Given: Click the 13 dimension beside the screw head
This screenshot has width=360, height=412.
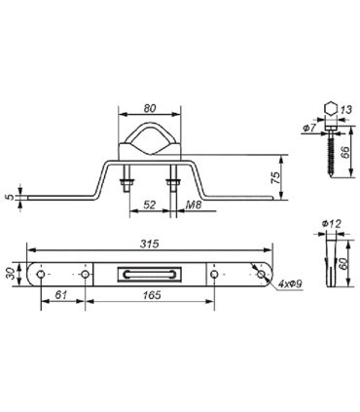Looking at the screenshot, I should coord(348,110).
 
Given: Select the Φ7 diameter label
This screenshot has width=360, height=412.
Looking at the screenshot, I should coord(307,129).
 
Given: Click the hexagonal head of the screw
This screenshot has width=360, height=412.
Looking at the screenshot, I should coord(330,109).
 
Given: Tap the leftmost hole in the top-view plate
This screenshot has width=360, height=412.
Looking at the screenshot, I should coord(40,276).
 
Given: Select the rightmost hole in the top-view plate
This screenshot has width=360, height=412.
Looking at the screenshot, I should coord(260,276).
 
